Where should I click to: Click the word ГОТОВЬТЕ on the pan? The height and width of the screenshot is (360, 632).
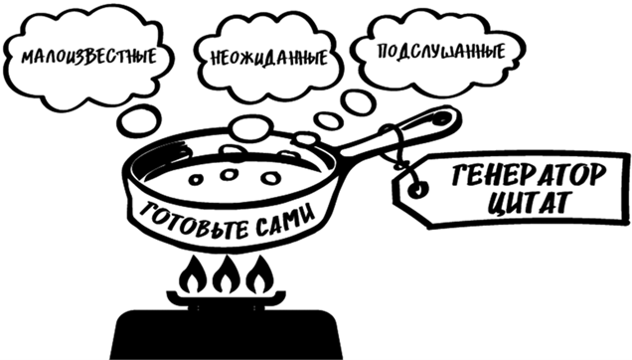(177, 211)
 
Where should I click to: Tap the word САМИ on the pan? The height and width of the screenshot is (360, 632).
(272, 212)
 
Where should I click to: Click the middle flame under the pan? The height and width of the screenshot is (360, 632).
(226, 270)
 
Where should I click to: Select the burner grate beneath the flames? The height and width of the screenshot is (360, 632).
(226, 295)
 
